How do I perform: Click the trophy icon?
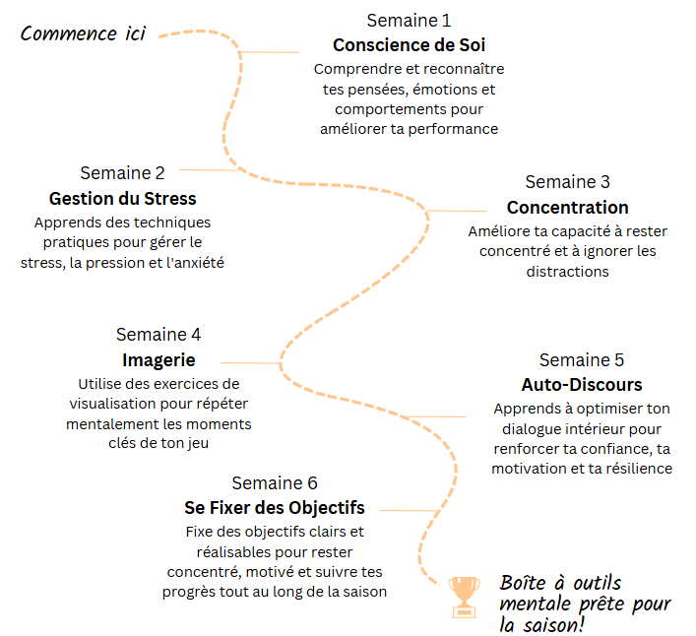tap(463, 596)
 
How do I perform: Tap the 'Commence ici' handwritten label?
tap(83, 33)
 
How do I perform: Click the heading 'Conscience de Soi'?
tap(409, 45)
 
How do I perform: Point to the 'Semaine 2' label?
tap(122, 173)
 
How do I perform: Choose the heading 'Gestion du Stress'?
tap(122, 199)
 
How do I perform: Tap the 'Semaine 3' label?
tap(567, 182)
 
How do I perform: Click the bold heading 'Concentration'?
tap(567, 208)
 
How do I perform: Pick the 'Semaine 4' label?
tap(158, 334)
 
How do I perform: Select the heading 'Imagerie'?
tap(158, 359)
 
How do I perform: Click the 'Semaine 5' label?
tap(581, 359)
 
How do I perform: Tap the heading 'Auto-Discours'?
tap(581, 385)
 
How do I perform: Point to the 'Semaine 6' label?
tap(275, 482)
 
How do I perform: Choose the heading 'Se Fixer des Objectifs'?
tap(275, 508)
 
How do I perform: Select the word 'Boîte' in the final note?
tap(525, 582)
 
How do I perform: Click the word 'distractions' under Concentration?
tap(568, 271)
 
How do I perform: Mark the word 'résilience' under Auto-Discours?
tap(637, 469)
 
